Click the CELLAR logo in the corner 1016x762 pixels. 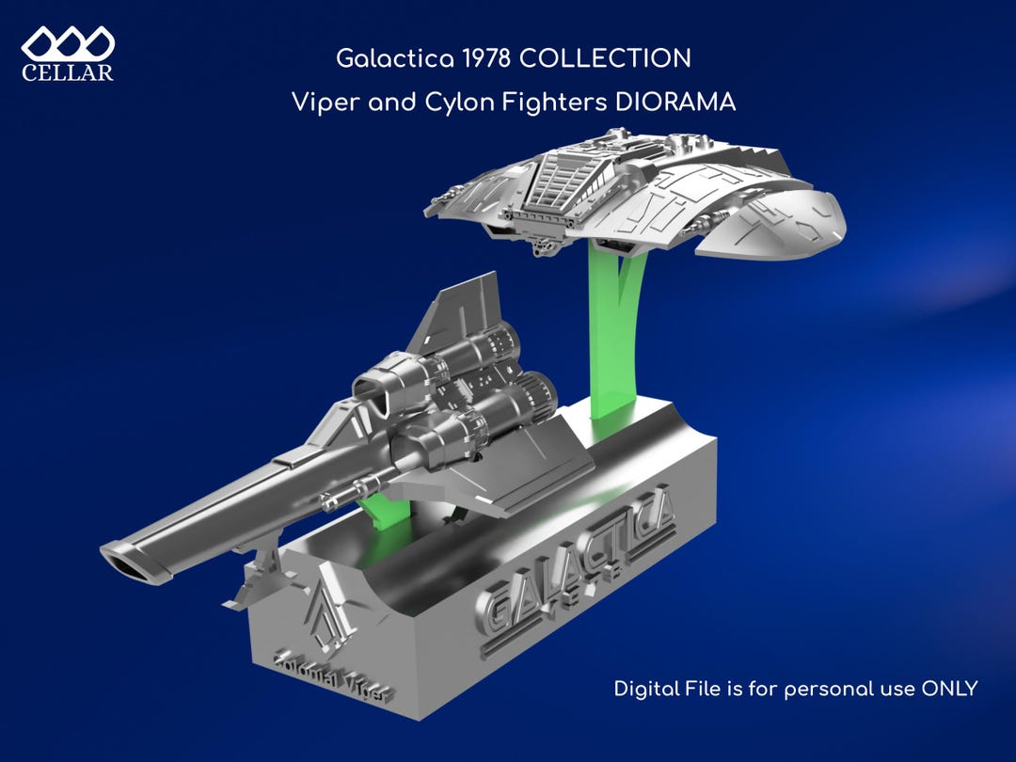click(x=68, y=54)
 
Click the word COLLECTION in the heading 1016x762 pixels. click(x=605, y=59)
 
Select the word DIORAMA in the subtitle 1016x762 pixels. click(x=675, y=103)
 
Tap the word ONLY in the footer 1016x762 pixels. click(x=949, y=688)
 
